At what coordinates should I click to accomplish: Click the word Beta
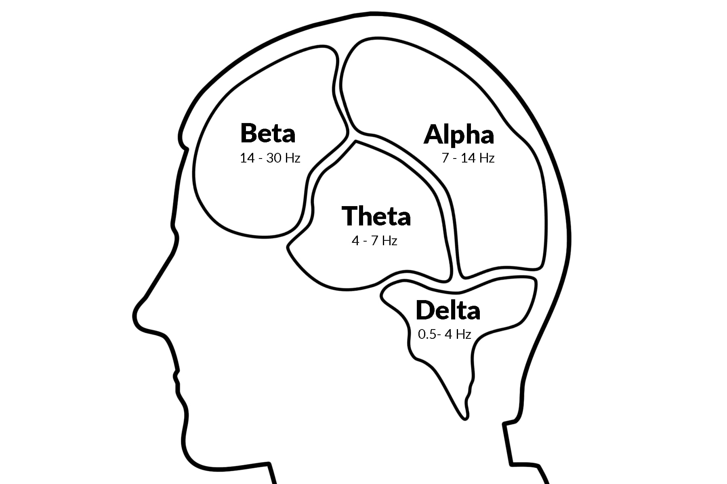point(268,133)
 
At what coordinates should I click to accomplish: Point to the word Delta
point(448,311)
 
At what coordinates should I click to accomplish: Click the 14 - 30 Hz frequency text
point(270,158)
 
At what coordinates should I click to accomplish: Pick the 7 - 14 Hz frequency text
point(468,158)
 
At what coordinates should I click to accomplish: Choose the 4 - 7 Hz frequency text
point(374,241)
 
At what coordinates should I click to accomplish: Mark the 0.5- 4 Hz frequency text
point(444,334)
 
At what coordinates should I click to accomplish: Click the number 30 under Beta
point(273,158)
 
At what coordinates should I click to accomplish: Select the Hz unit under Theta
point(389,241)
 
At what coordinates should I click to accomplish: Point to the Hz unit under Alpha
point(487,158)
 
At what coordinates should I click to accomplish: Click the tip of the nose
point(134,316)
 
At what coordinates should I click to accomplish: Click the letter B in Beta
point(249,133)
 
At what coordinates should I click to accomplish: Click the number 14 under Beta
point(247,158)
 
